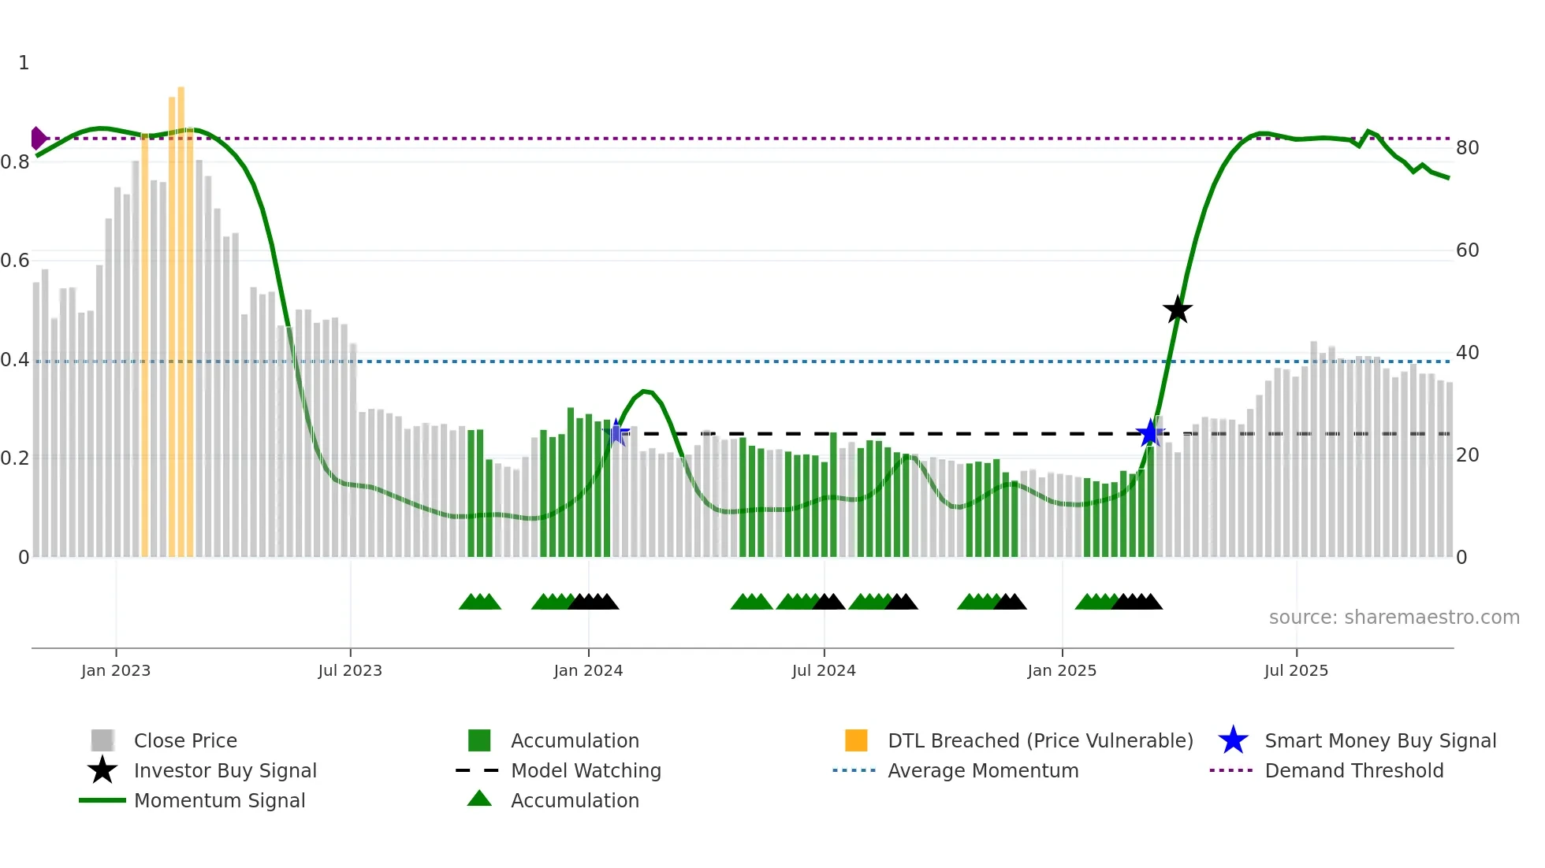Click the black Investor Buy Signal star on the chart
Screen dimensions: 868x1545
1177,310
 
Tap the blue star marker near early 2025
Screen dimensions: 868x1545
1150,432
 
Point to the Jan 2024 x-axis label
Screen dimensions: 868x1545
588,670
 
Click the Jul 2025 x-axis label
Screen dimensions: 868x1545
1296,670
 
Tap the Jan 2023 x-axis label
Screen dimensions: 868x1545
116,670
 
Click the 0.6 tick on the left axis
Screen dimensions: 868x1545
15,261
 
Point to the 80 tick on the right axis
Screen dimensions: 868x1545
1467,148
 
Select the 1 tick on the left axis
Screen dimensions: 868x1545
24,63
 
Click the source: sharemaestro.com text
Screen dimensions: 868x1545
1394,618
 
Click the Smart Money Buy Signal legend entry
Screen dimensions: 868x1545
1379,741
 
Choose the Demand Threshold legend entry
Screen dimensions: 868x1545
1353,771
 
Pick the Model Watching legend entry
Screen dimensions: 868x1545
585,771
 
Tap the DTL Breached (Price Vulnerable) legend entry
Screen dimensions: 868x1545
1040,741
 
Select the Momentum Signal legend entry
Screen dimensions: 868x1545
219,801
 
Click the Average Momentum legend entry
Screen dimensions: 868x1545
982,771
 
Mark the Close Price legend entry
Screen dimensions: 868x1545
184,741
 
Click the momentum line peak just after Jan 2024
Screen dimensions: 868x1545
646,391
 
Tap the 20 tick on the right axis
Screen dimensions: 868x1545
1467,455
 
